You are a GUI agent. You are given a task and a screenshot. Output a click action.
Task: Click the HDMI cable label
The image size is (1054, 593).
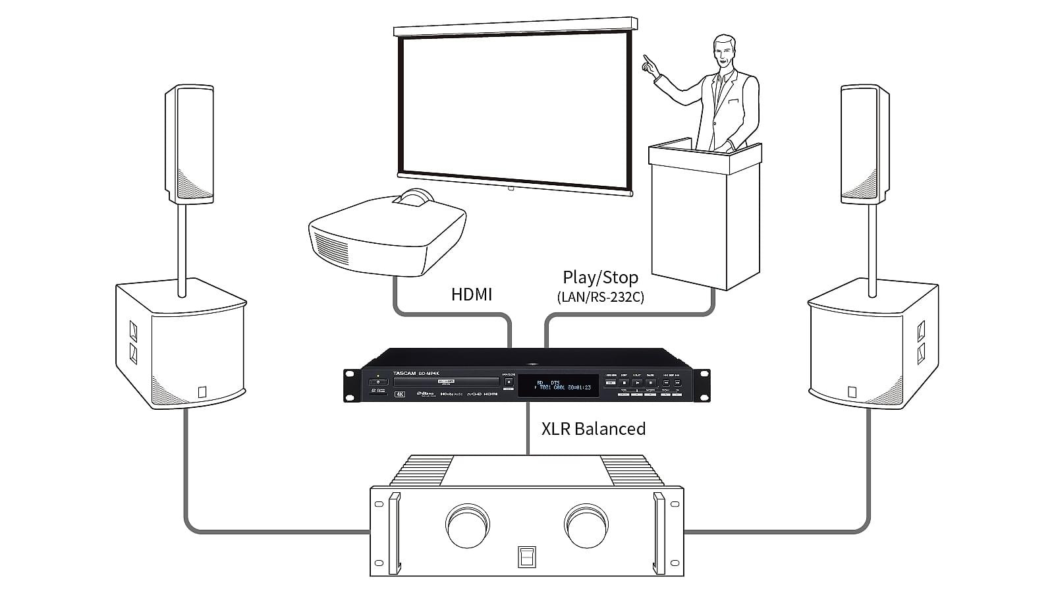[x=471, y=294]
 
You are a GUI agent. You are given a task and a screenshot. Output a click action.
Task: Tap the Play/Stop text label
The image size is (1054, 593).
[x=600, y=277]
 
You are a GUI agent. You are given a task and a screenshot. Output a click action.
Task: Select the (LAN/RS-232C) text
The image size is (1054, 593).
[x=600, y=297]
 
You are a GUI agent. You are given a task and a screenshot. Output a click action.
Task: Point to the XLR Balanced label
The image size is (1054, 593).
[x=593, y=428]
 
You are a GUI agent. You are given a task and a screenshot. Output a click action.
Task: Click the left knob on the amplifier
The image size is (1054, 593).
[x=468, y=525]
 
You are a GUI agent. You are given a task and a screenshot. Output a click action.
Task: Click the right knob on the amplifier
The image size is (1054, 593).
[x=586, y=525]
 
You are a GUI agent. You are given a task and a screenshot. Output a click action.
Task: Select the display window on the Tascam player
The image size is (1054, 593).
[x=558, y=385]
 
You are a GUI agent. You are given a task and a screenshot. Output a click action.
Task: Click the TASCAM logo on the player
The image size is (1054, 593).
[x=406, y=374]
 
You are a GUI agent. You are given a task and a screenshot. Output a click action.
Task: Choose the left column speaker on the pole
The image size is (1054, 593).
[x=188, y=144]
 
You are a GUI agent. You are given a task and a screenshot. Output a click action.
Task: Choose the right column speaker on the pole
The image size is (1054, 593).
[x=864, y=144]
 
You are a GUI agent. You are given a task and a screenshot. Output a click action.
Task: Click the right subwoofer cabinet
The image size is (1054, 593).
[x=873, y=346]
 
